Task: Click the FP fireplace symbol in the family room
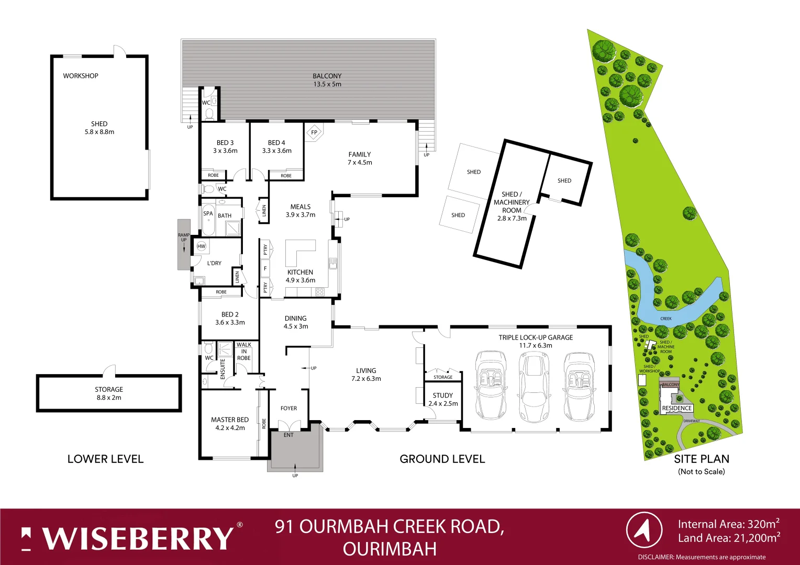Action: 314,132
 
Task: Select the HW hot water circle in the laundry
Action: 202,246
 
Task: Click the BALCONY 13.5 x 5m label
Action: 327,80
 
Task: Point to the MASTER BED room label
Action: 230,423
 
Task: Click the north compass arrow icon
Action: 644,530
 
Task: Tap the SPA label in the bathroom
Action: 208,213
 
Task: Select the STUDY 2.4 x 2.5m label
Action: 443,399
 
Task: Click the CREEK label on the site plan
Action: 666,319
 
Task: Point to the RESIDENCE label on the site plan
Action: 677,408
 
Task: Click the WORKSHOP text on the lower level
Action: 81,76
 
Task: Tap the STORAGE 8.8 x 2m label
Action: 109,393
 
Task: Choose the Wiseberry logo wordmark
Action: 137,538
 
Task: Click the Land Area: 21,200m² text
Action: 729,538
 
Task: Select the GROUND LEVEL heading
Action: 442,459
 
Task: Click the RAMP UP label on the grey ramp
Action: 184,238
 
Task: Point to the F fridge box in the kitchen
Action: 265,268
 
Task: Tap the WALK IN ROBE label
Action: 244,351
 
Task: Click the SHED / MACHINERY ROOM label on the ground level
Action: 512,206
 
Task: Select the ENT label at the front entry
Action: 288,435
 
